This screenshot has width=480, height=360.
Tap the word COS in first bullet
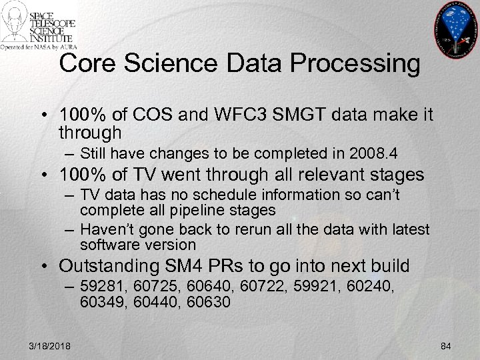click(159, 115)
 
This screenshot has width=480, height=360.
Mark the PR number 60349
click(99, 301)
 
